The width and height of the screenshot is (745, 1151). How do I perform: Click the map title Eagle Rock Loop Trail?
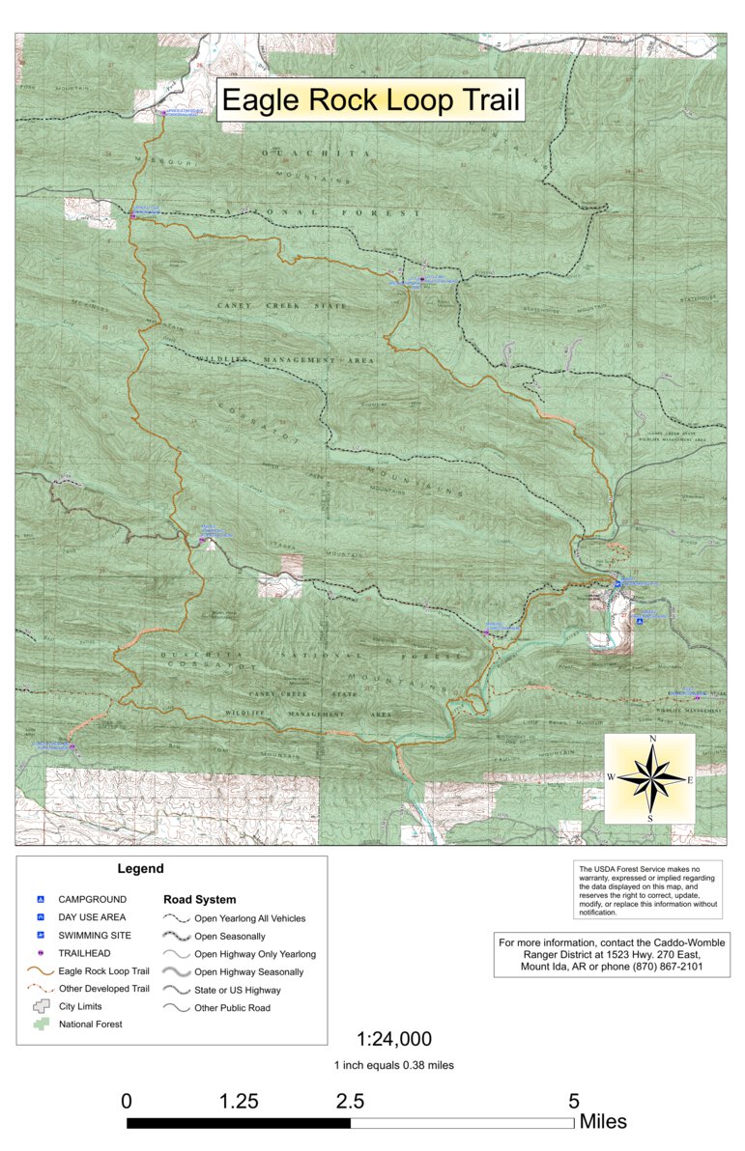370,100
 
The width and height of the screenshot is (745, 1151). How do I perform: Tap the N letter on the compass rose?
653,740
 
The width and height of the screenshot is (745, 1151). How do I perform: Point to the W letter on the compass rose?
612,777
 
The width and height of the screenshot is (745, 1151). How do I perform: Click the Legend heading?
140,869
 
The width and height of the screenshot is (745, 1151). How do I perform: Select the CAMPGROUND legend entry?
92,899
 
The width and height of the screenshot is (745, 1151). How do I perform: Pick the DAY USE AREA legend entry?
92,917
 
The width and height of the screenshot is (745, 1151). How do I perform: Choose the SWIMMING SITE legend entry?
95,936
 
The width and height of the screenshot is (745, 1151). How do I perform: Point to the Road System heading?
199,900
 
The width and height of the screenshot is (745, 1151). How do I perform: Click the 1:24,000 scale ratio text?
394,1040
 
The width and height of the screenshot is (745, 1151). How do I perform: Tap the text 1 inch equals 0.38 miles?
394,1065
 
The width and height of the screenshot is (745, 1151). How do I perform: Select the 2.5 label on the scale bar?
350,1101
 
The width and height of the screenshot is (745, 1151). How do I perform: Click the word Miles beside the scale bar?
603,1122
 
